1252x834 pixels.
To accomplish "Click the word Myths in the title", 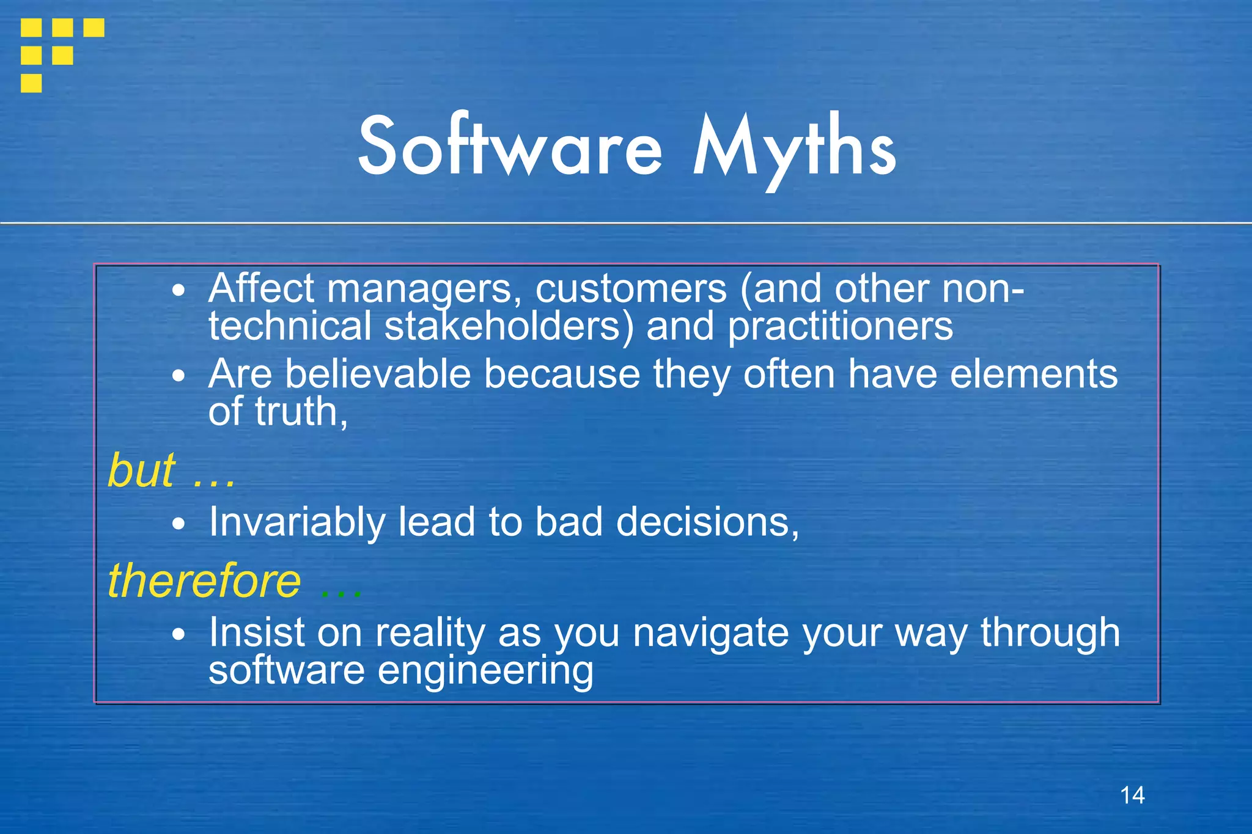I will coord(794,150).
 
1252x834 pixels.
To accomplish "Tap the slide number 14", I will coord(1132,795).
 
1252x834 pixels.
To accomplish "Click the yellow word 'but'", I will coord(141,470).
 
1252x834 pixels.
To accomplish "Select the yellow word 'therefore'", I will coord(204,580).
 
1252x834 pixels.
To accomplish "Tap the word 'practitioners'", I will coord(840,326).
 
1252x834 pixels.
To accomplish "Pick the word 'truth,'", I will coord(301,412).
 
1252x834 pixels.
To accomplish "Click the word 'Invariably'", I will coord(297,522).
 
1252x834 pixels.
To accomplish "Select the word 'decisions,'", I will coord(707,522).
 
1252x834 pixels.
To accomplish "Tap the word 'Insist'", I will coord(256,632).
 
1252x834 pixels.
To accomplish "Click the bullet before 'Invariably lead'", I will coord(178,524).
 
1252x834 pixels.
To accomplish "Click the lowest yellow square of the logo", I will coord(31,82).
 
